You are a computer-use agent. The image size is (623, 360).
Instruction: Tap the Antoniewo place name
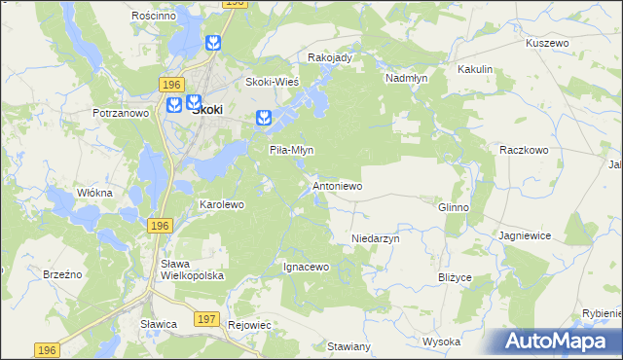click(x=337, y=185)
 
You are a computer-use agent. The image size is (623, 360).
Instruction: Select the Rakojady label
click(x=329, y=57)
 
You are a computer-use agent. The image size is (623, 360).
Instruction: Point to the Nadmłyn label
click(x=407, y=77)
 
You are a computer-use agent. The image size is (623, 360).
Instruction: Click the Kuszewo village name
click(x=546, y=44)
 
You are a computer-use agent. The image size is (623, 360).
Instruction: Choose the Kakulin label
click(x=475, y=70)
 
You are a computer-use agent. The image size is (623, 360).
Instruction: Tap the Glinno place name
click(x=454, y=207)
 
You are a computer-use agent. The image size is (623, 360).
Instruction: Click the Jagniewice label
click(x=525, y=235)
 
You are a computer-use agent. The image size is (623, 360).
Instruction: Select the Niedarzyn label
click(x=376, y=237)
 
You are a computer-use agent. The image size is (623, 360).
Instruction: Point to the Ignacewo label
click(x=307, y=266)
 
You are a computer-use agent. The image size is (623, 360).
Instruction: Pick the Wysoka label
click(x=441, y=342)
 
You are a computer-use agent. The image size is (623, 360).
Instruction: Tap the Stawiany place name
click(x=348, y=346)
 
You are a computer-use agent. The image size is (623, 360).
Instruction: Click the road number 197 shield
click(x=205, y=319)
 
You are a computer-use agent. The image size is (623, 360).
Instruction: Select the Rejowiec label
click(x=247, y=325)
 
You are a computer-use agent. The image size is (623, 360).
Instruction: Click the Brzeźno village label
click(x=62, y=275)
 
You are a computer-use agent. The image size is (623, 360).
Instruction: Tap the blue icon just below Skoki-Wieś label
click(x=263, y=119)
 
